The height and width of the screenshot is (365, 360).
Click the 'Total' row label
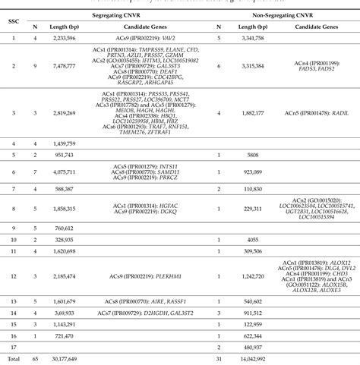[13, 359]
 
